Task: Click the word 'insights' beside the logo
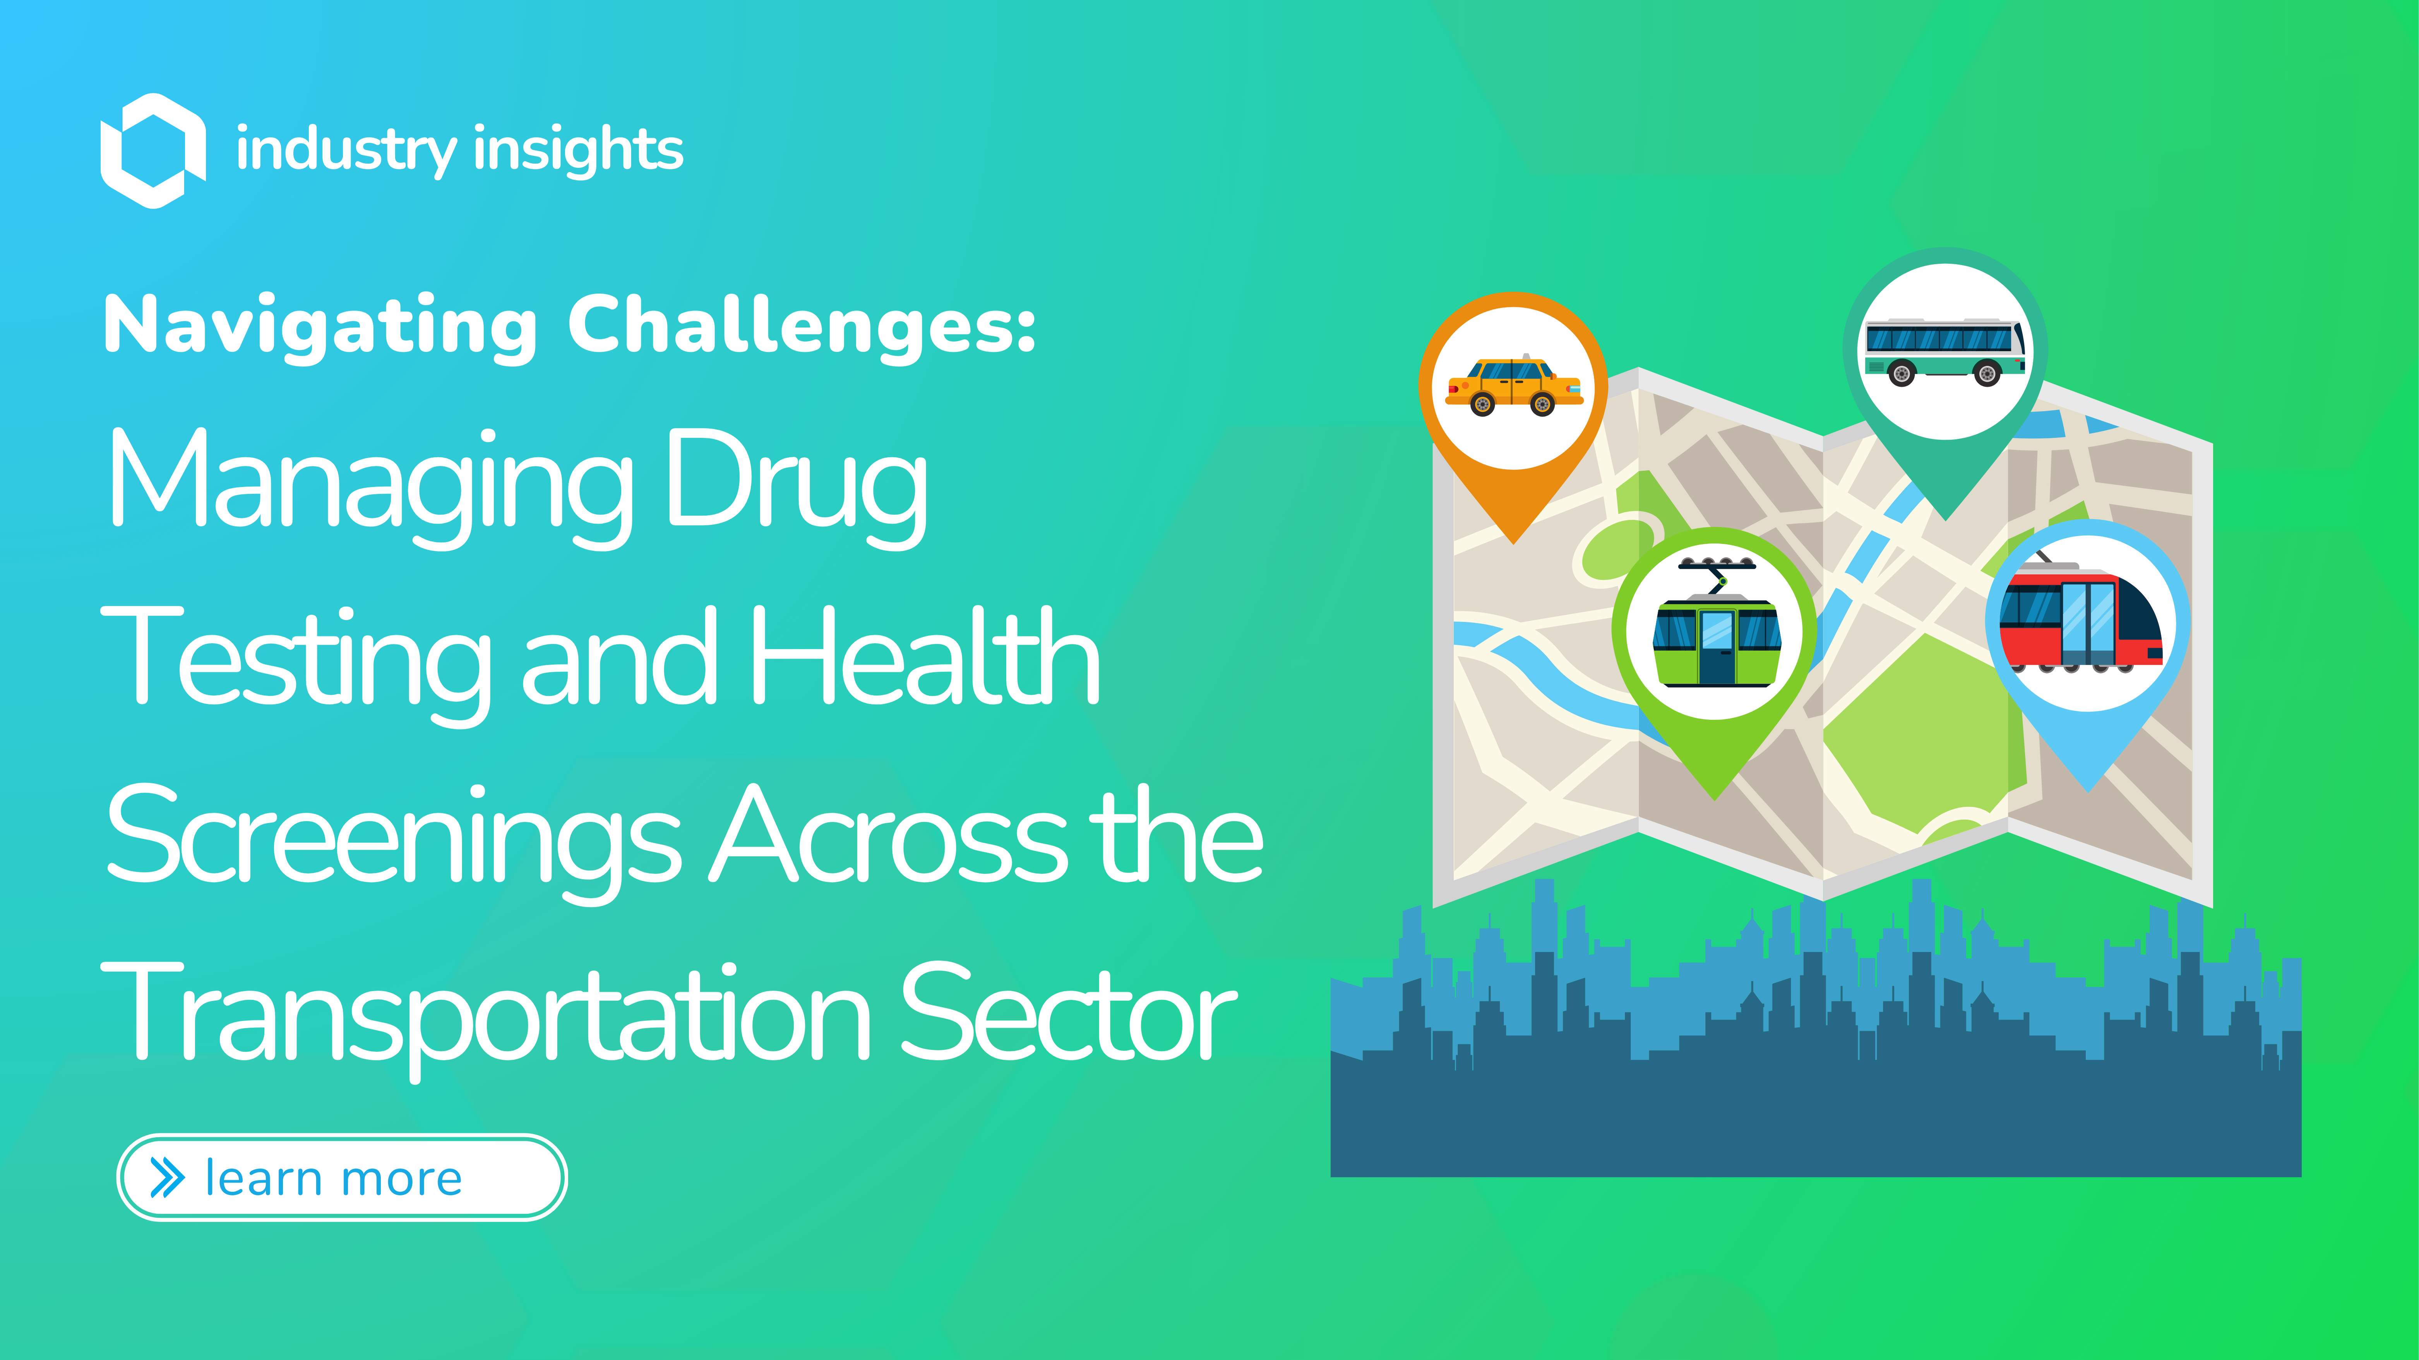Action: (x=579, y=150)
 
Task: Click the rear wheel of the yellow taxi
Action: (x=1482, y=405)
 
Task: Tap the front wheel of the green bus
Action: (x=1987, y=373)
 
